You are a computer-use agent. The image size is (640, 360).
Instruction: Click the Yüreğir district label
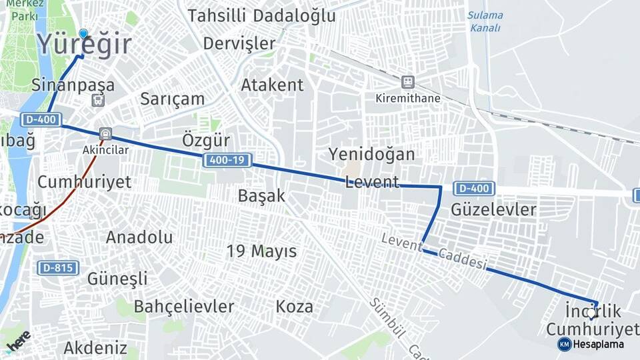pos(84,45)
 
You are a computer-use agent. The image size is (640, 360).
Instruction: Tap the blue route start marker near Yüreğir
pos(83,33)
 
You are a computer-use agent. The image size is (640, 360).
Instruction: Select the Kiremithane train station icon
pos(407,82)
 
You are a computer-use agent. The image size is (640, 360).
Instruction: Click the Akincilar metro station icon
pos(105,133)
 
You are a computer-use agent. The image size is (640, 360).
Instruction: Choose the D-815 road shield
pos(58,268)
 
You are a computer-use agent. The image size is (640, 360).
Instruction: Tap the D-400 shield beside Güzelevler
pos(473,189)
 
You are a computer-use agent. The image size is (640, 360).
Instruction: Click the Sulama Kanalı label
pos(485,21)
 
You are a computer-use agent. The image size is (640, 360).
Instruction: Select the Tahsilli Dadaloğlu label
pos(261,16)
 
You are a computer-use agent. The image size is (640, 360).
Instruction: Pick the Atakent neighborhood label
pos(272,85)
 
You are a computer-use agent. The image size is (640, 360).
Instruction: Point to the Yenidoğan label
pos(371,154)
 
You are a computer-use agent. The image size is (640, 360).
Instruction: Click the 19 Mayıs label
pos(261,251)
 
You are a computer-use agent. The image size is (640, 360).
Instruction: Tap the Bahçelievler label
pos(184,307)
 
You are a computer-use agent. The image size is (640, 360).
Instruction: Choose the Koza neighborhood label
pos(294,307)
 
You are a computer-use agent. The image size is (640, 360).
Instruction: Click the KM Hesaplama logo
pos(591,344)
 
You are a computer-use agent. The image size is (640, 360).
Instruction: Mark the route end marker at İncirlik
pos(591,312)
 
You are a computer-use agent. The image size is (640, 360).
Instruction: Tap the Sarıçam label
pos(172,99)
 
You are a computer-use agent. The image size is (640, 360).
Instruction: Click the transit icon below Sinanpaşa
pos(98,101)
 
